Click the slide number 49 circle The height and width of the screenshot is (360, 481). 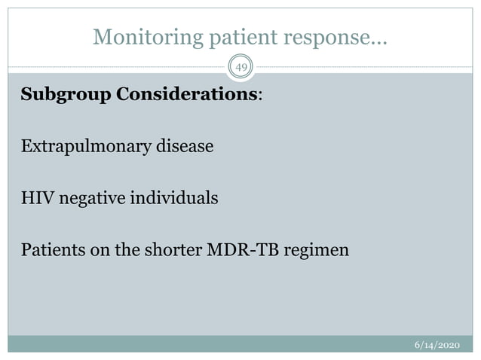(240, 68)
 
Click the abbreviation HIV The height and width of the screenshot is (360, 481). (35, 198)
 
